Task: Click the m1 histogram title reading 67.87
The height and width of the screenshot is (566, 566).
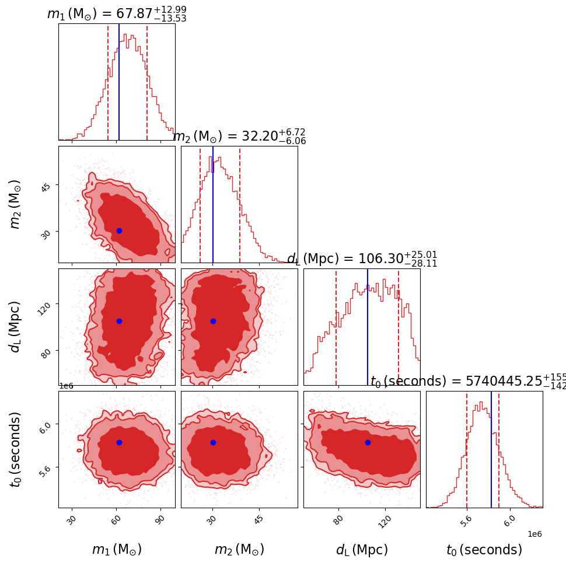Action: (117, 13)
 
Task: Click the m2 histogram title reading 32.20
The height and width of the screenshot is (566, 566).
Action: (239, 137)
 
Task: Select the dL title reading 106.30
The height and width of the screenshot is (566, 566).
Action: (362, 259)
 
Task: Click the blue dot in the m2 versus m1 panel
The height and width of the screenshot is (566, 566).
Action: (119, 230)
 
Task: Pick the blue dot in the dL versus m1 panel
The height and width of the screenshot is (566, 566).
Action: (119, 321)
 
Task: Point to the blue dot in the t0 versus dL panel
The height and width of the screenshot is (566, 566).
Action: (368, 442)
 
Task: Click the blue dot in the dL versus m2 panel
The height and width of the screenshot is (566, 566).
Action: (213, 321)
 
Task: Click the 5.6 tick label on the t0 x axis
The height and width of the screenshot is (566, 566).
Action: (466, 521)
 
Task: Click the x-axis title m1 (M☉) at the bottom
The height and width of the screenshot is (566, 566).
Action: (117, 550)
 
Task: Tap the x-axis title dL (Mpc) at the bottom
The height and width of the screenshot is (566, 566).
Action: (362, 550)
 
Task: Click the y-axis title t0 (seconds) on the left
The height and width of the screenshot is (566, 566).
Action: (16, 449)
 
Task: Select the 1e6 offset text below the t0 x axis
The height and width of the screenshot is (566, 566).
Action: (534, 534)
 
